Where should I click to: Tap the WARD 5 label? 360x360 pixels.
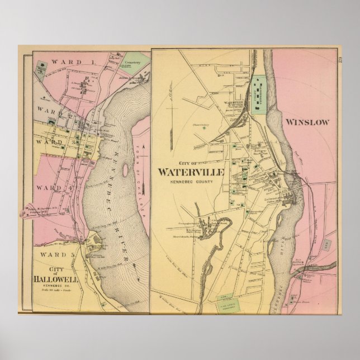click(56, 254)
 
